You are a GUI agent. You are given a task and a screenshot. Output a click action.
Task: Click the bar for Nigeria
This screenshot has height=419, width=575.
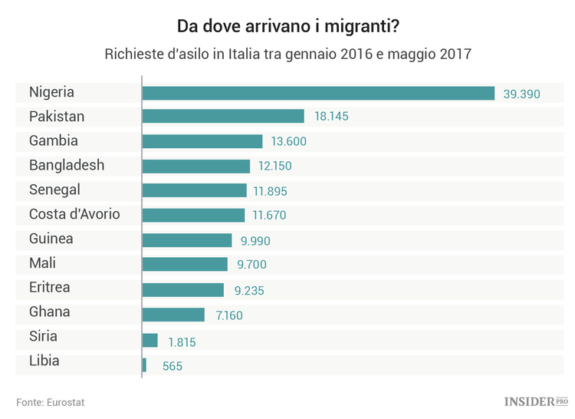tap(318, 93)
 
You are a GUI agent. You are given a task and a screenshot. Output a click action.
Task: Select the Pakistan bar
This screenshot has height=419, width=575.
tap(223, 117)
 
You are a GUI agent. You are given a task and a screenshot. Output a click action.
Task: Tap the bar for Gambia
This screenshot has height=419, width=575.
tap(202, 141)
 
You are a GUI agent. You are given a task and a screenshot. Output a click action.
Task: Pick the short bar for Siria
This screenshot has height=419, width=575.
tap(150, 340)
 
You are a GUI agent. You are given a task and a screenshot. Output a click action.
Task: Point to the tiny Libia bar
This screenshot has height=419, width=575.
tap(144, 365)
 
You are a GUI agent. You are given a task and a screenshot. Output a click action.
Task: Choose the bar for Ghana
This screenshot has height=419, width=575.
tap(173, 315)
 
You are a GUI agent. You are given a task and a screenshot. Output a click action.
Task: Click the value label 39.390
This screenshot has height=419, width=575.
tap(522, 94)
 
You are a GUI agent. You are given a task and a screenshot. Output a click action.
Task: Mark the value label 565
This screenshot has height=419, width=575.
tap(172, 367)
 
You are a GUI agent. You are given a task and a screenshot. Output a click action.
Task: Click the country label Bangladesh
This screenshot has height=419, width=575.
tap(67, 165)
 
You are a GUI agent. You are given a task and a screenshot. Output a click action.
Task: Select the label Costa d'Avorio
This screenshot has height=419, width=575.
tap(74, 214)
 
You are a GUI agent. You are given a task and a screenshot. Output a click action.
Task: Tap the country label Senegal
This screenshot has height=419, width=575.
tap(54, 190)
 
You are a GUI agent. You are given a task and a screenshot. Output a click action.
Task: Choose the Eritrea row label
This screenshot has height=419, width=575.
tap(50, 288)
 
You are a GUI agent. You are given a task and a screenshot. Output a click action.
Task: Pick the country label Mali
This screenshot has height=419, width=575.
tap(43, 263)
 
